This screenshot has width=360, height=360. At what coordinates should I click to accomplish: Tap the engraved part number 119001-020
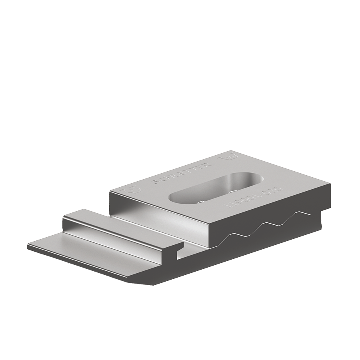(253, 197)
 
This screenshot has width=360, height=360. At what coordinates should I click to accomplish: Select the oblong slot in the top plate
(214, 188)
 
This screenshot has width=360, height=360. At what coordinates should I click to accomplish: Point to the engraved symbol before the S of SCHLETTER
(130, 188)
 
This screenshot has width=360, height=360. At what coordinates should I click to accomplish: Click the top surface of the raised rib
(120, 226)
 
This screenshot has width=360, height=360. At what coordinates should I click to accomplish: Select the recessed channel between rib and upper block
(160, 228)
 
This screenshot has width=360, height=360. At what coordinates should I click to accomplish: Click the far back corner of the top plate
(231, 151)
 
